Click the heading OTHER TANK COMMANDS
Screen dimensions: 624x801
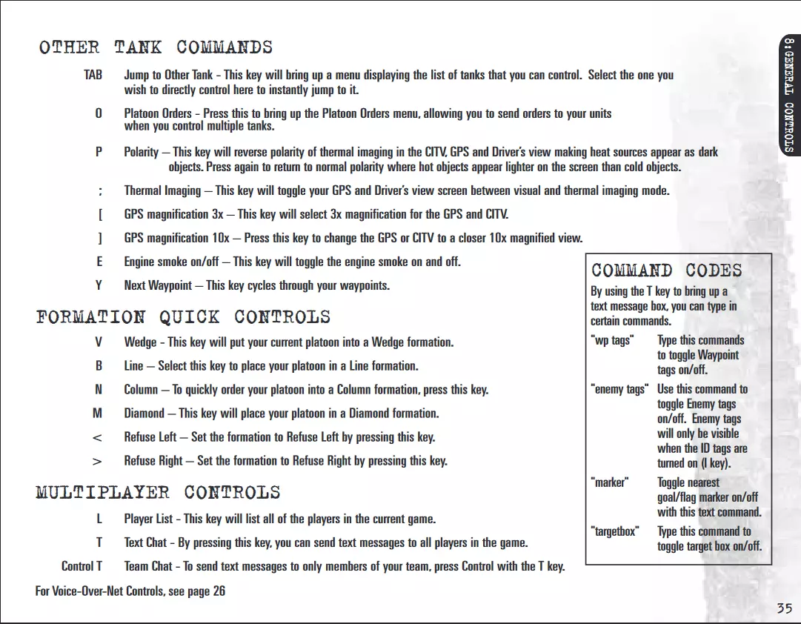pyautogui.click(x=156, y=47)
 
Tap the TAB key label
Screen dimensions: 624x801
pyautogui.click(x=93, y=75)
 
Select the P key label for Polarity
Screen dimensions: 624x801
pyautogui.click(x=99, y=152)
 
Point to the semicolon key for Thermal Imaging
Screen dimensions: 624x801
pyautogui.click(x=100, y=191)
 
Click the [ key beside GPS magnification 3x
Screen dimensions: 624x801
pyautogui.click(x=100, y=214)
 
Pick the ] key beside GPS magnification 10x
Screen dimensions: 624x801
pyautogui.click(x=100, y=238)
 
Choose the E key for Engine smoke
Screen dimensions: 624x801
pyautogui.click(x=99, y=262)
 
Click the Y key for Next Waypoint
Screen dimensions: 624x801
pyautogui.click(x=99, y=285)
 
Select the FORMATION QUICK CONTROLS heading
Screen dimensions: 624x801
pyautogui.click(x=183, y=317)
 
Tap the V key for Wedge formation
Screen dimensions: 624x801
pyautogui.click(x=99, y=342)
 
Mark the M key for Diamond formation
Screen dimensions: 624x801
pyautogui.click(x=98, y=413)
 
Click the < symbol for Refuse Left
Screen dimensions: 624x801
pyautogui.click(x=97, y=437)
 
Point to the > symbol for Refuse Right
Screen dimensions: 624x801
pyautogui.click(x=97, y=461)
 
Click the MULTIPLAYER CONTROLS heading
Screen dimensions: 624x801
pyautogui.click(x=158, y=492)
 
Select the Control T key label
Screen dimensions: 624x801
pyautogui.click(x=82, y=566)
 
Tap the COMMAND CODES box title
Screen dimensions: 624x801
pyautogui.click(x=666, y=270)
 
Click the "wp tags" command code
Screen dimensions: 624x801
pyautogui.click(x=611, y=341)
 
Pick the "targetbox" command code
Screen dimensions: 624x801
pyautogui.click(x=614, y=531)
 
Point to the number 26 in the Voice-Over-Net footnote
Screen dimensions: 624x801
pyautogui.click(x=219, y=591)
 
